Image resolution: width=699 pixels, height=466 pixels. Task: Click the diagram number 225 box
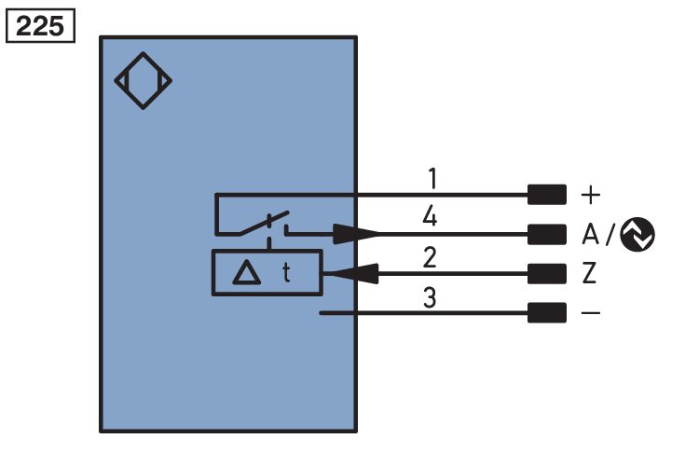(40, 26)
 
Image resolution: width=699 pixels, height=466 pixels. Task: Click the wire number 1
(432, 178)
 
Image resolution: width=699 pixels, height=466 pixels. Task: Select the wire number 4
(430, 217)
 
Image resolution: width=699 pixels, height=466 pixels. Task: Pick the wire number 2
(430, 257)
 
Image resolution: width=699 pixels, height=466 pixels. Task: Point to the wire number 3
(430, 297)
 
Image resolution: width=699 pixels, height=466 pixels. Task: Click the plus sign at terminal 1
(591, 195)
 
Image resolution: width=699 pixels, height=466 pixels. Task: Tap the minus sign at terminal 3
(591, 313)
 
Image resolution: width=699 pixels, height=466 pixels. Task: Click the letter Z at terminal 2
(589, 273)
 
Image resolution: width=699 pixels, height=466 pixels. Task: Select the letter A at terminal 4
(590, 234)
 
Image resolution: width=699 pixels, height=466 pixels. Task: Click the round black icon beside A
(637, 234)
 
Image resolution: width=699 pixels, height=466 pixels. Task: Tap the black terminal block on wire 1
(547, 195)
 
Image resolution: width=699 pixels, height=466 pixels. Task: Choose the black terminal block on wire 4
(547, 234)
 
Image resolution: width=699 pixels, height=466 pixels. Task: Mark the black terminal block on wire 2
(547, 273)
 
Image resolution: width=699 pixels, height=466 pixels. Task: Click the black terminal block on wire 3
(547, 312)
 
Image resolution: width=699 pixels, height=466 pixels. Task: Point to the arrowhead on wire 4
(356, 234)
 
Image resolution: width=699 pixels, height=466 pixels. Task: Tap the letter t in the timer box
(286, 272)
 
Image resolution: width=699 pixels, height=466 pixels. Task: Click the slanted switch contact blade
(264, 223)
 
